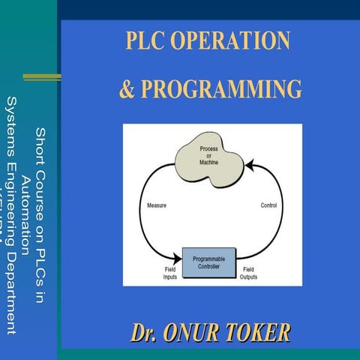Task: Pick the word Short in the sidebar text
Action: [x=40, y=143]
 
